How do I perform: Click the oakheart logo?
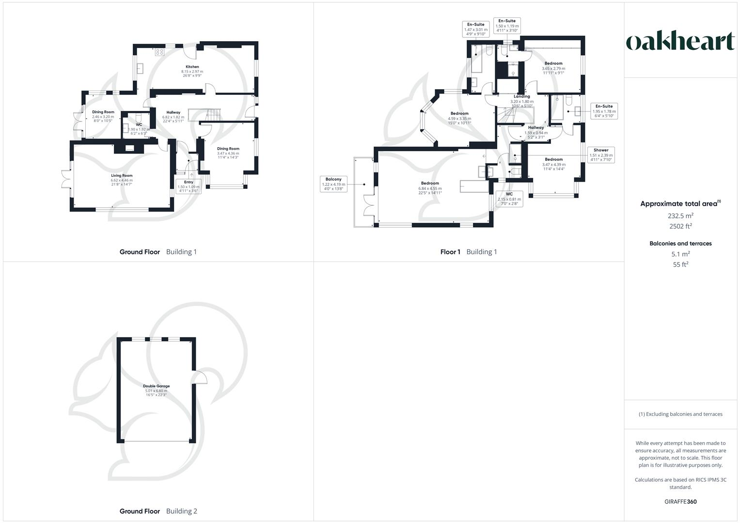(x=680, y=42)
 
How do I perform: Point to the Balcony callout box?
(x=333, y=184)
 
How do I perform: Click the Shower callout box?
(x=601, y=155)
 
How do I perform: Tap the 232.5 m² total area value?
(x=680, y=216)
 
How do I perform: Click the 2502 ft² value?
(x=680, y=226)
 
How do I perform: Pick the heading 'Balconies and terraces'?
(x=680, y=244)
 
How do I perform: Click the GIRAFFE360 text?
(x=680, y=502)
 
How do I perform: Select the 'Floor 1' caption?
(x=450, y=252)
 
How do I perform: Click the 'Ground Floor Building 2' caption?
(x=158, y=511)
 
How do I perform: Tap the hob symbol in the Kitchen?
(x=159, y=52)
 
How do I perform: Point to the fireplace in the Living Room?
(x=129, y=148)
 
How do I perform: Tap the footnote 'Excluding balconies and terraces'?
(x=680, y=414)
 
